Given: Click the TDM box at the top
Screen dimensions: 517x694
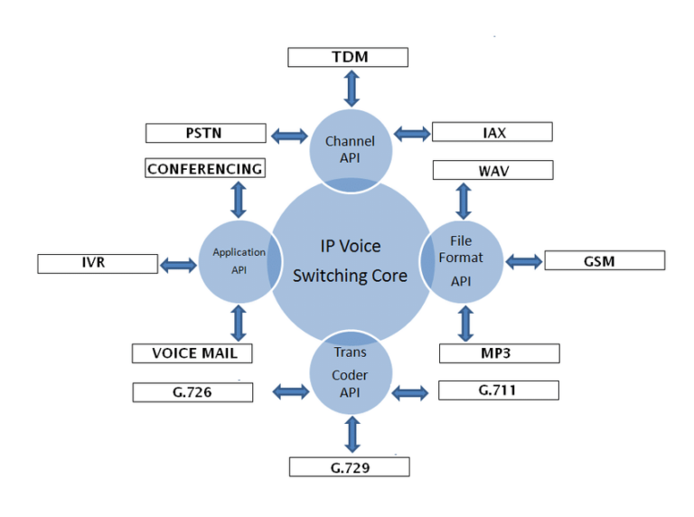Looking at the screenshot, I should [348, 58].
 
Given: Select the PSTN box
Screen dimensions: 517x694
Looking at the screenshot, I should [206, 134].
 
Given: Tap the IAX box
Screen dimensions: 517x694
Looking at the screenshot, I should [492, 133].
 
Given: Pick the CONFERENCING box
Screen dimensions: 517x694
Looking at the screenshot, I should [205, 169].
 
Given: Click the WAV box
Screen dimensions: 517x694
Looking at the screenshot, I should [492, 170].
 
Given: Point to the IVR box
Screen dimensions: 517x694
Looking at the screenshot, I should [98, 264].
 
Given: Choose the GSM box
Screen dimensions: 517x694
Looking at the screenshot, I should [605, 260].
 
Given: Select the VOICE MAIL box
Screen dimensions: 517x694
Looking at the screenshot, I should [191, 353].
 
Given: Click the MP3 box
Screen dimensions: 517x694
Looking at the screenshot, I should [499, 352].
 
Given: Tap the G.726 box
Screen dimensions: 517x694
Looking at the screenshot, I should [193, 392].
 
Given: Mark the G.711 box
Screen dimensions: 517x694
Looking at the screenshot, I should [498, 390].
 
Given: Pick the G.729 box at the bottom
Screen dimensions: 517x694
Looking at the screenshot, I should [349, 467].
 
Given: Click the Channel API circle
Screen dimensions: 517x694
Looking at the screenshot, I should [351, 145].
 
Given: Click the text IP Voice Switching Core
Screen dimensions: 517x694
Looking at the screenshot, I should [350, 261].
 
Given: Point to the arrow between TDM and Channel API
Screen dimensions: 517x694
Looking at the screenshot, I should [351, 88].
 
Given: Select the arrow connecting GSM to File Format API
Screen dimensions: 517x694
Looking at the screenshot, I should [523, 261].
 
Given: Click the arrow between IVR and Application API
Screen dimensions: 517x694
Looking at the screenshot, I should [178, 265].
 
